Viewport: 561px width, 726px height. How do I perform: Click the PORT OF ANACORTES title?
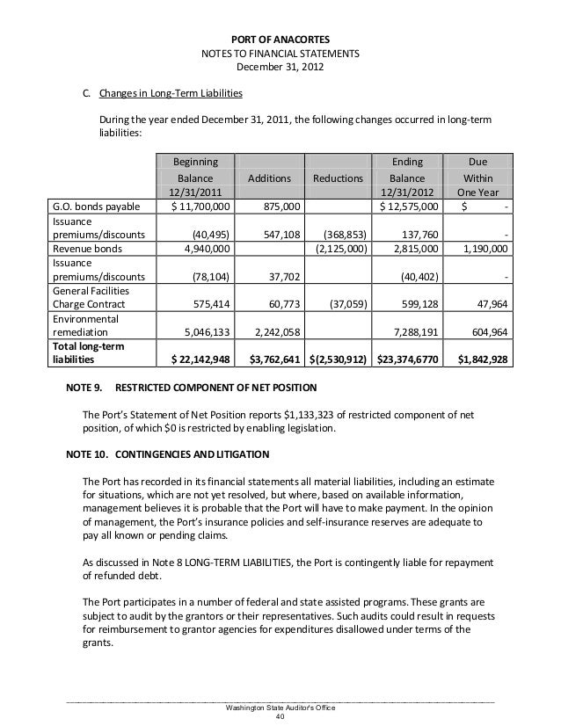coord(280,38)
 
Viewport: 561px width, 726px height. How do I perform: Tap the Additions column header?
coord(269,178)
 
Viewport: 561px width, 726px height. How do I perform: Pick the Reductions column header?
coord(339,178)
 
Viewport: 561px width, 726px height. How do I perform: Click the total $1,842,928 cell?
coord(479,359)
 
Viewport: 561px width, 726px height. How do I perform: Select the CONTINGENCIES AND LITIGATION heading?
coord(196,454)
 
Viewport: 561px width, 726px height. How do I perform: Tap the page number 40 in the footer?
coord(280,715)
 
